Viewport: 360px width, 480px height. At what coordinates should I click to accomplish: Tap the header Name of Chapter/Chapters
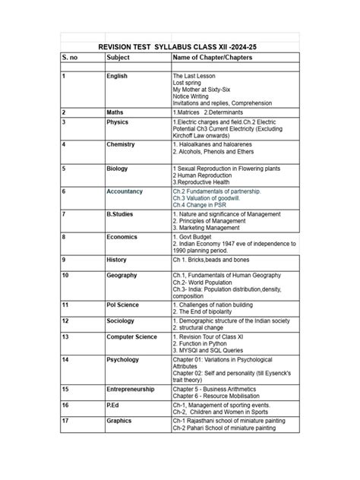click(211, 58)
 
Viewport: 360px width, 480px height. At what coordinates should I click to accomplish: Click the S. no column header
click(71, 58)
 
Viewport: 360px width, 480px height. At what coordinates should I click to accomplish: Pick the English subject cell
click(118, 77)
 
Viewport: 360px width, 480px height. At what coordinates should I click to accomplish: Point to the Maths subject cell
click(116, 112)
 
